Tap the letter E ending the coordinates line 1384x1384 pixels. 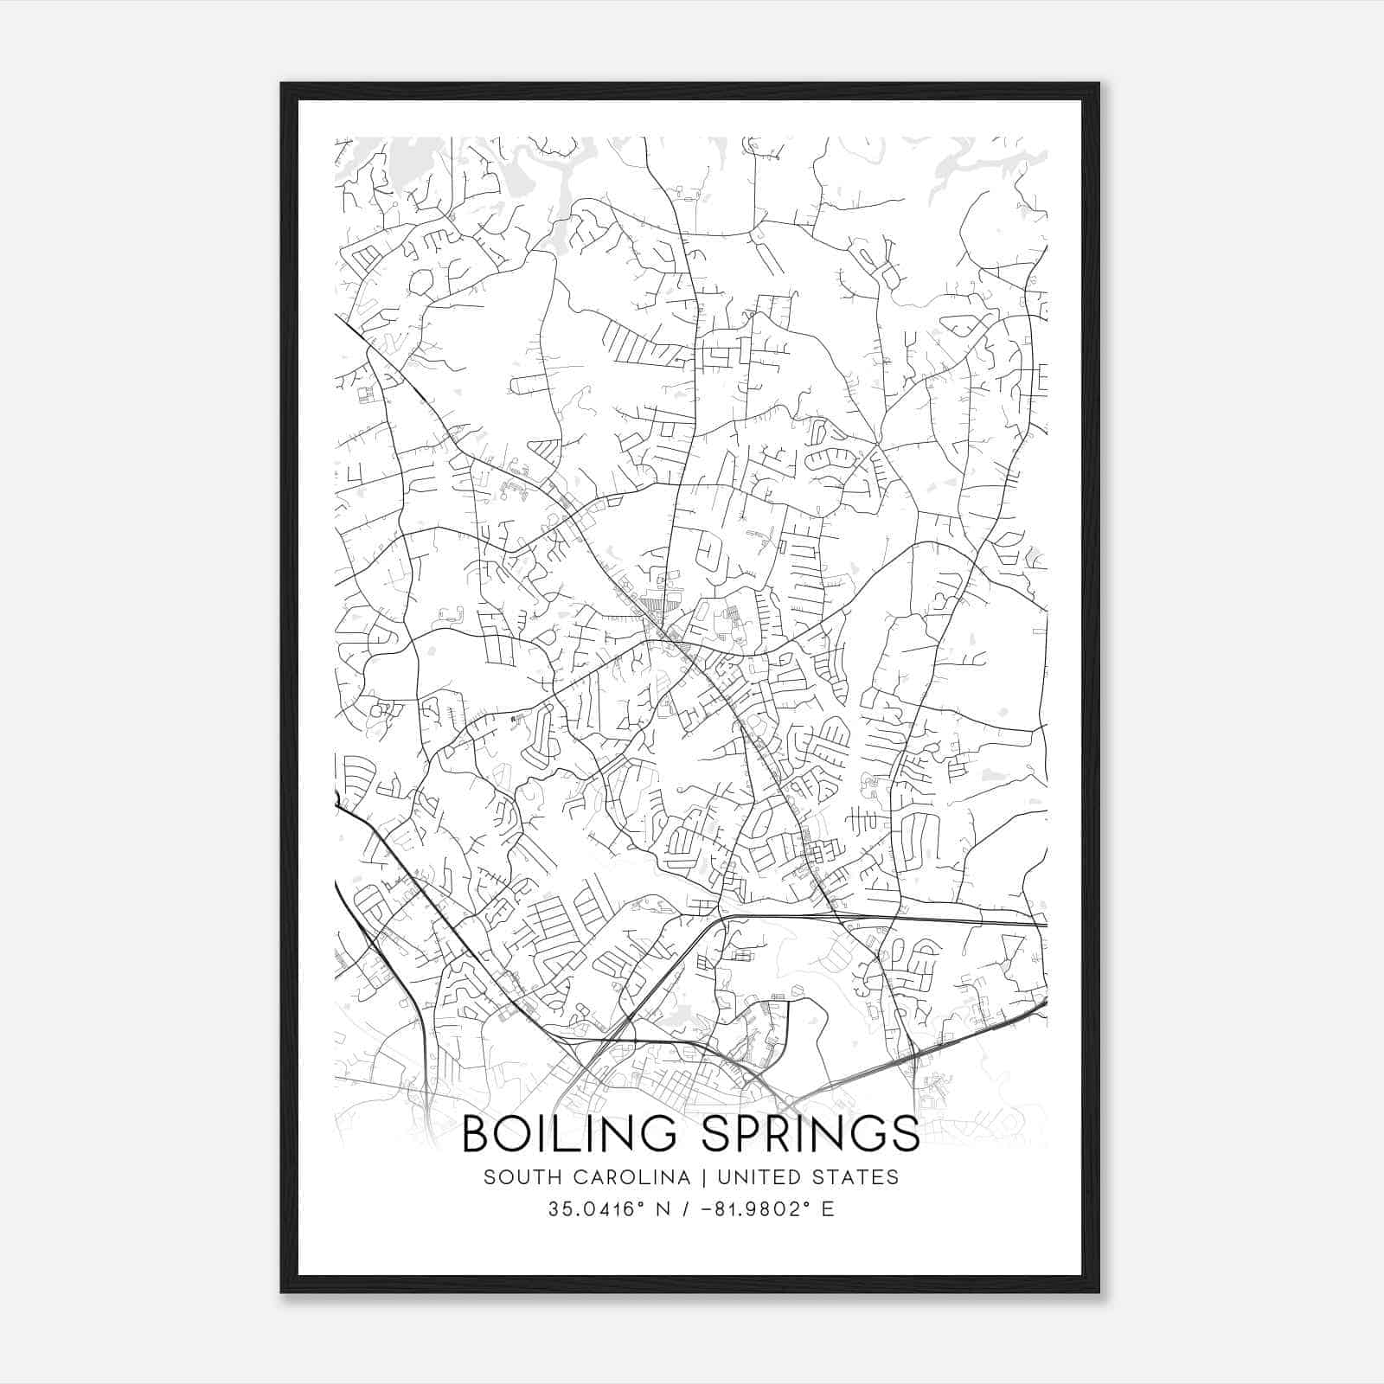pyautogui.click(x=829, y=1209)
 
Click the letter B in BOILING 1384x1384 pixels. pyautogui.click(x=477, y=1134)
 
